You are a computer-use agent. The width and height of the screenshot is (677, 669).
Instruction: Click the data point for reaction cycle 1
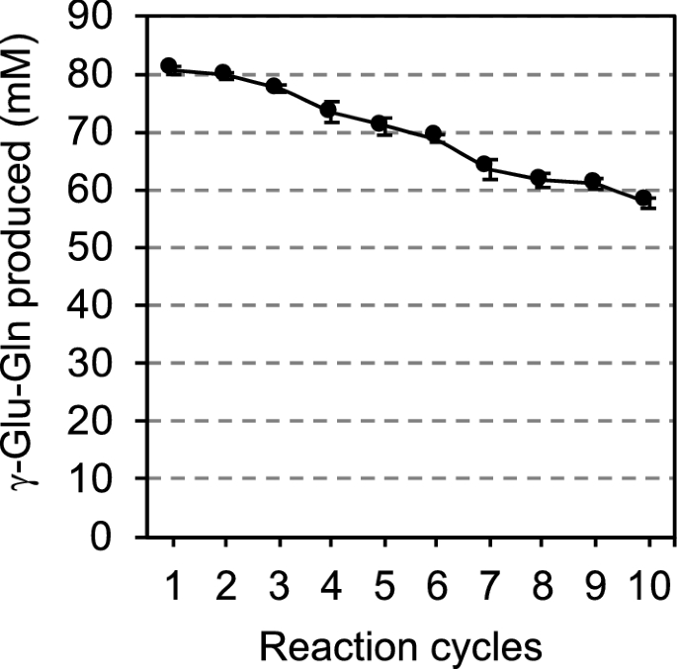click(170, 67)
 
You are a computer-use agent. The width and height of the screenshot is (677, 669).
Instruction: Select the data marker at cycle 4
click(330, 111)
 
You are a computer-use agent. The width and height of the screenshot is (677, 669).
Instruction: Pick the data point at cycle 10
click(645, 200)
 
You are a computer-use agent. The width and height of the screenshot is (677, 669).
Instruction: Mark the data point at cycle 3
click(276, 86)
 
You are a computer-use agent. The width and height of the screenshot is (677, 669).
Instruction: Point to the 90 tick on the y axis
click(98, 18)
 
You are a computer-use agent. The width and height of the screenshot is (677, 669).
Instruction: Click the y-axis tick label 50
click(98, 248)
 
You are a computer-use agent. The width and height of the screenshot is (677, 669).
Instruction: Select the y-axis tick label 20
click(98, 421)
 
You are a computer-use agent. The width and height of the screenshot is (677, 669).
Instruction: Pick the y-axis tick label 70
click(98, 132)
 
